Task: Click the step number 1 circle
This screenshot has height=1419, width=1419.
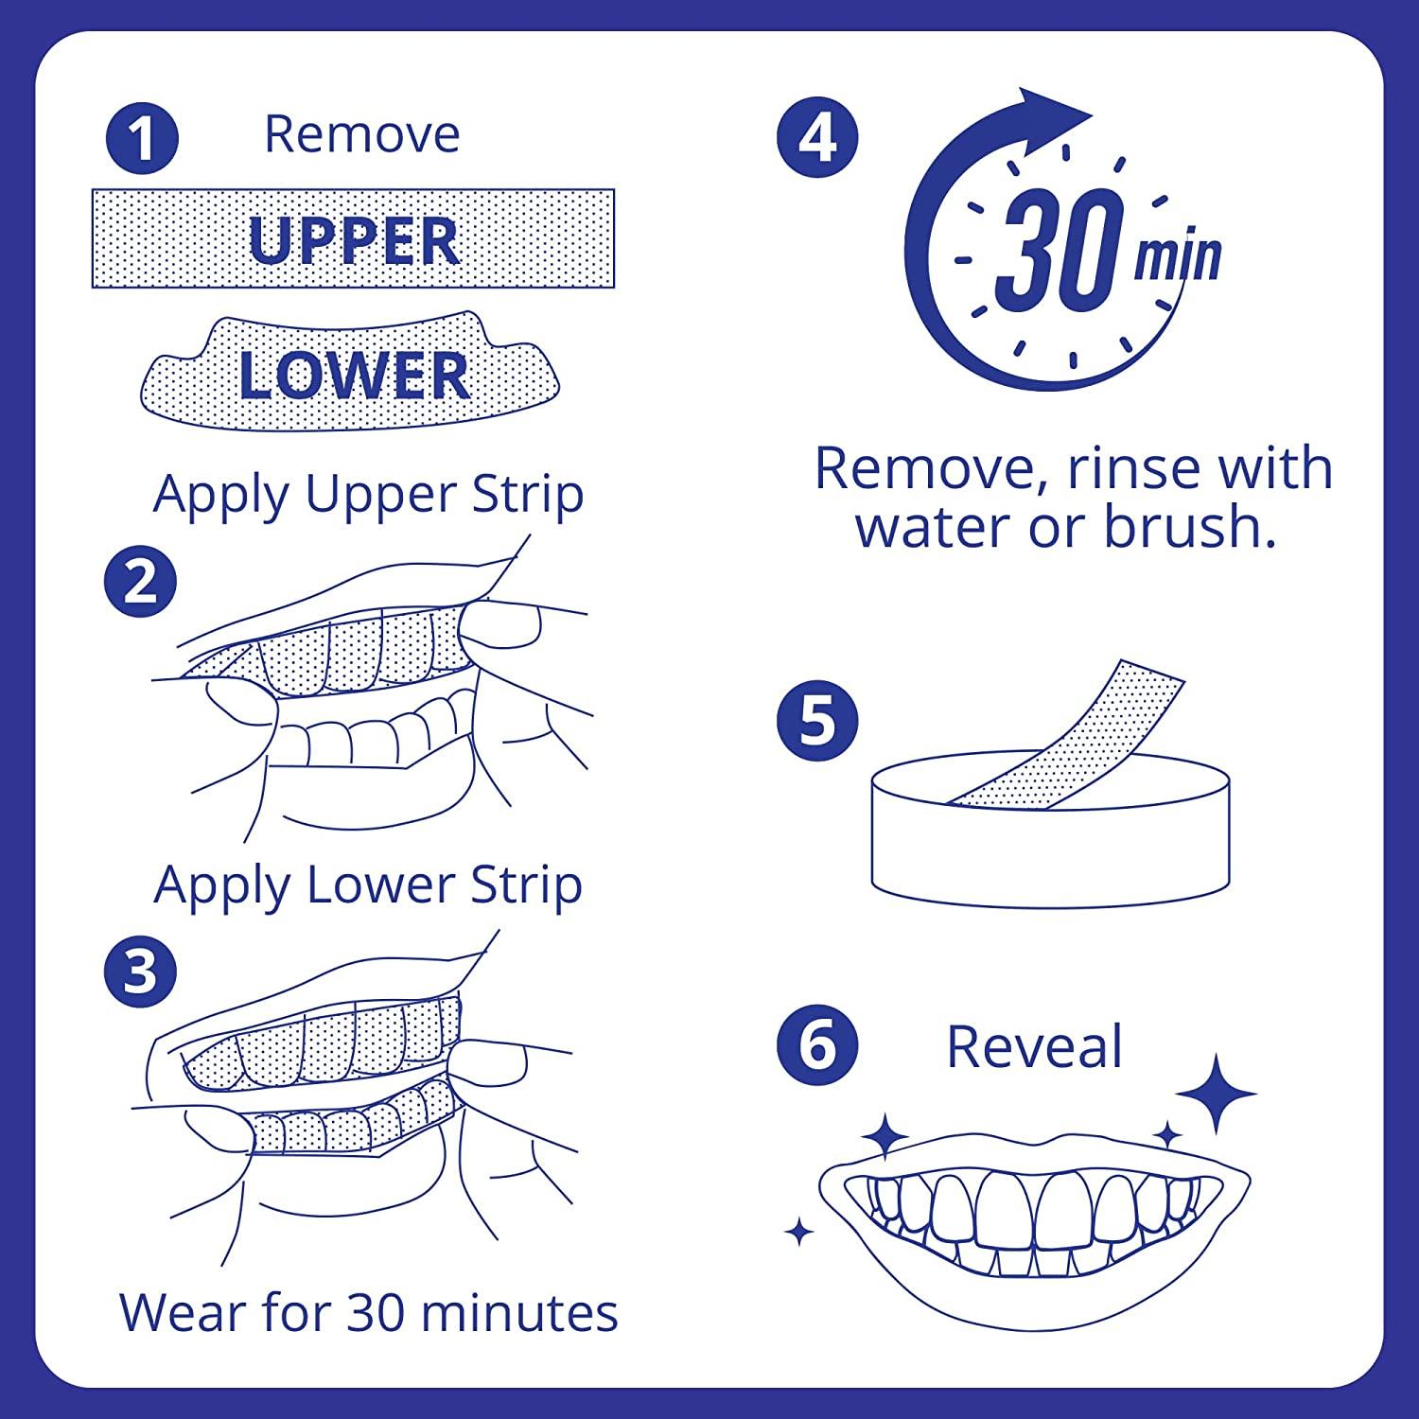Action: (x=141, y=138)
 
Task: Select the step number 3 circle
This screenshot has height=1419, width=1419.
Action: (x=141, y=972)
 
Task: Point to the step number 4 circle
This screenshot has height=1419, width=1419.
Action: (x=818, y=139)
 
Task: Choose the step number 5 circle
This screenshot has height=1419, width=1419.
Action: (x=818, y=721)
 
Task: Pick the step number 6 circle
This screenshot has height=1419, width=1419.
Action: (x=818, y=1046)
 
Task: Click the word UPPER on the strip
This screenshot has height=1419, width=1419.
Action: (x=354, y=240)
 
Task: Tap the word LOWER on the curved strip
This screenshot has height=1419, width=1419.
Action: (x=354, y=376)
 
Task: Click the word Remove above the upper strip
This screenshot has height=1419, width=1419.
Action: (x=361, y=134)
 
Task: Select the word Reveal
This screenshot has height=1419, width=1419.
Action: (x=1034, y=1047)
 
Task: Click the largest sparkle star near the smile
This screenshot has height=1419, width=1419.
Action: (x=1216, y=1095)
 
